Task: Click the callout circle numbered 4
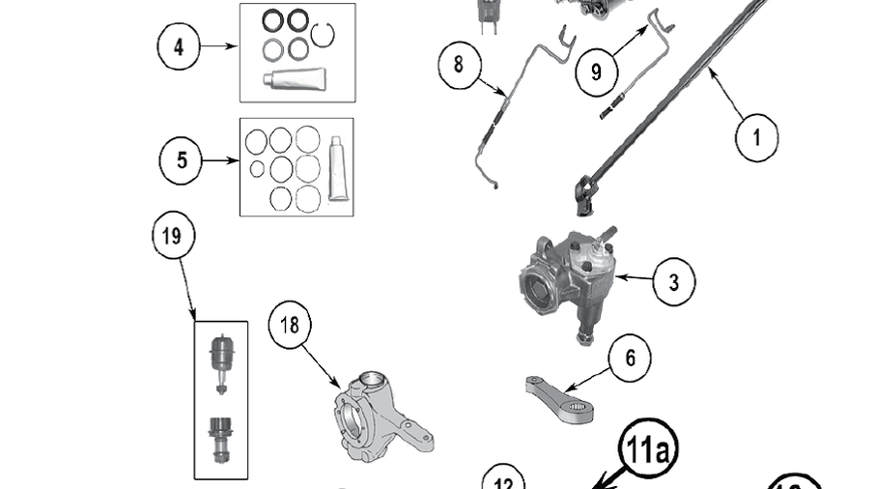click(180, 46)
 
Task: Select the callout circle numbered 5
click(183, 160)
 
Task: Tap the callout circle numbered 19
click(173, 237)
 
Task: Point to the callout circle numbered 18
click(290, 326)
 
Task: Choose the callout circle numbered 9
click(595, 72)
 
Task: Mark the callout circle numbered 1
click(756, 137)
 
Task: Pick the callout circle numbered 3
click(673, 282)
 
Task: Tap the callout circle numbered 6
click(630, 359)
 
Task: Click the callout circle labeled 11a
click(650, 449)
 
